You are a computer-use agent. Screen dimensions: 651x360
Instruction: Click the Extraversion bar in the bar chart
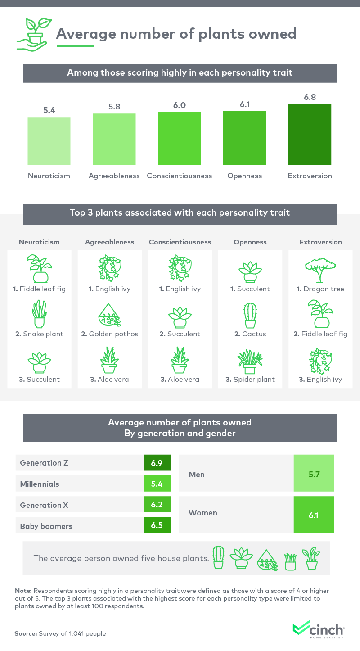(x=310, y=134)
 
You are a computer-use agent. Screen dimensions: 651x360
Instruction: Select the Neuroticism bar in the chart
(x=49, y=141)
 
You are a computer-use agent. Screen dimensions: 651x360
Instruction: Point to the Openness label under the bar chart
(x=244, y=176)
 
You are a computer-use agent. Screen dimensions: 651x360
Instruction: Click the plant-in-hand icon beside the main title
(x=31, y=34)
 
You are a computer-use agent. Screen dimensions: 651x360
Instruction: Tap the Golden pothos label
(x=110, y=334)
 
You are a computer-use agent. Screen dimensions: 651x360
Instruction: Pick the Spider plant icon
(x=250, y=361)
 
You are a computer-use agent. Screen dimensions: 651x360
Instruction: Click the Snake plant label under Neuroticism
(x=40, y=334)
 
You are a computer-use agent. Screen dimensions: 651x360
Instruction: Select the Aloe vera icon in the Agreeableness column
(x=109, y=360)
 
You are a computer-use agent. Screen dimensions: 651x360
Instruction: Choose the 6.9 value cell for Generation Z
(x=157, y=463)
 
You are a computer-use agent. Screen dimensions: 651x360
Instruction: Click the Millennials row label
(x=40, y=484)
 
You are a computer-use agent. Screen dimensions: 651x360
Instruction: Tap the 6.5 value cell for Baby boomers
(x=157, y=525)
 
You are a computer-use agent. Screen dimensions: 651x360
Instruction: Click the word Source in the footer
(x=25, y=633)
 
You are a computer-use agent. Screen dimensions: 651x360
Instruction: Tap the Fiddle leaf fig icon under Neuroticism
(x=39, y=268)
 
